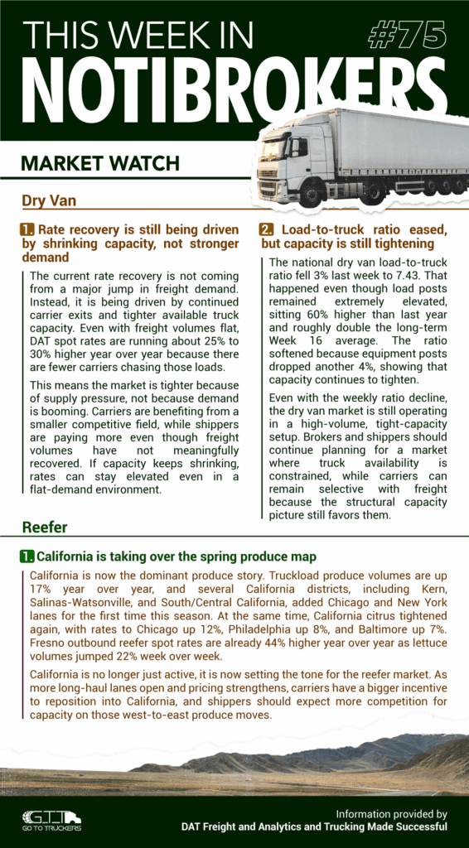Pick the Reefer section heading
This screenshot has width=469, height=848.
coord(44,527)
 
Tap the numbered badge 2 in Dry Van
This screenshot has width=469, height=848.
coord(266,229)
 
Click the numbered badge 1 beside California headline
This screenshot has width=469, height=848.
coord(27,556)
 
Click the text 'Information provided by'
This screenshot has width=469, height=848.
coord(391,813)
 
